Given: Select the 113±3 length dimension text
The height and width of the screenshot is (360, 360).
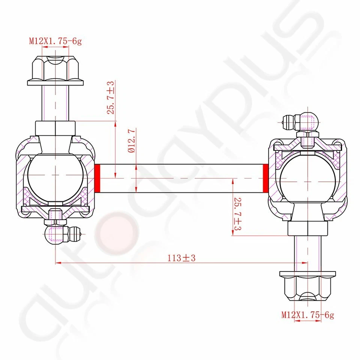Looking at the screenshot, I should click(x=182, y=258).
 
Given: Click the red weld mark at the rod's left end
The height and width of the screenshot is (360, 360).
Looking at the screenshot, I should click(x=97, y=178).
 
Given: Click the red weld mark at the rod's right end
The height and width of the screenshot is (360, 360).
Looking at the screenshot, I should click(x=266, y=178).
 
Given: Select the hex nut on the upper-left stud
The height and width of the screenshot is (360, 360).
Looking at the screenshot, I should click(x=55, y=70).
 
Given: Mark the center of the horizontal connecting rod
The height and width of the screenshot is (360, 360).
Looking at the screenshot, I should click(x=182, y=178).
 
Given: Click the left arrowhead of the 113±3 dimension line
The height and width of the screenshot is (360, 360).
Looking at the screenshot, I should click(x=57, y=263).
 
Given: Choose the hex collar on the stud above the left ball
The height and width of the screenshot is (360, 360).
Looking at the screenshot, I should click(x=55, y=128).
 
